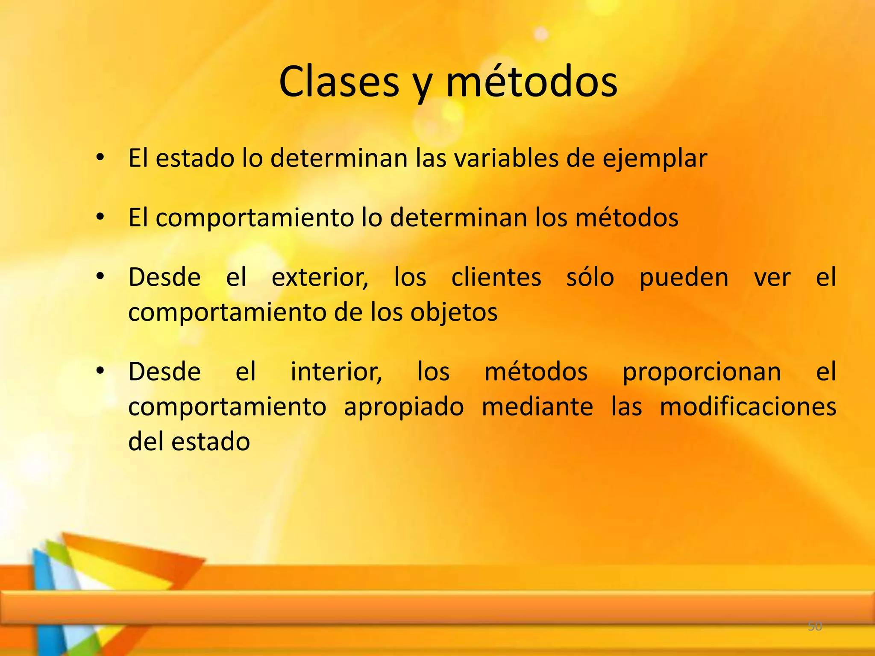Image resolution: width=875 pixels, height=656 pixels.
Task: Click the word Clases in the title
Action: tap(339, 82)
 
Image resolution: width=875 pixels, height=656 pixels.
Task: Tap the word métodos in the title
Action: tap(531, 82)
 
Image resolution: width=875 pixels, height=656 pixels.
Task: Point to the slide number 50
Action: tap(815, 627)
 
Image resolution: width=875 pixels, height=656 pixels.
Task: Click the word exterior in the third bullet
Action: tap(320, 278)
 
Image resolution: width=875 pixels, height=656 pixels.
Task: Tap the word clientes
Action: tap(496, 278)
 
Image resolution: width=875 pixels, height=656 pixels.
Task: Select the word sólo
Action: tap(590, 278)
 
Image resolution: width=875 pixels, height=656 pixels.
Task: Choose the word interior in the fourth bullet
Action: tap(336, 372)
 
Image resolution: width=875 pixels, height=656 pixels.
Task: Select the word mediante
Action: tap(537, 407)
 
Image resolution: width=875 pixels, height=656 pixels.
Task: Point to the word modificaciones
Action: tap(748, 407)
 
